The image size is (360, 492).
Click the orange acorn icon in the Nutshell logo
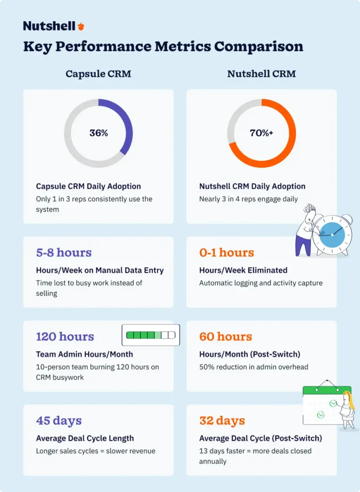[x=81, y=26]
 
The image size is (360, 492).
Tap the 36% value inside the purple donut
[x=99, y=133]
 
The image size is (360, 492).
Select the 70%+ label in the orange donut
[x=261, y=133]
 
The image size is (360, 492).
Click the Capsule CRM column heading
[x=98, y=74]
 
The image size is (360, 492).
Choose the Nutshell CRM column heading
[x=261, y=74]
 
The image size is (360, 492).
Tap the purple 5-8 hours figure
[x=64, y=253]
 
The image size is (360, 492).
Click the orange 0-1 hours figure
[x=227, y=253]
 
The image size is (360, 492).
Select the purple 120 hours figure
[x=65, y=336]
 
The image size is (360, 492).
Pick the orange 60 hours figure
[x=226, y=336]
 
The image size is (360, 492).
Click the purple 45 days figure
[x=59, y=420]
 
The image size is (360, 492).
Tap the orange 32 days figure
[x=222, y=420]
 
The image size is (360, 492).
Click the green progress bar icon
[x=150, y=335]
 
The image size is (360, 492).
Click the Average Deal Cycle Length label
[x=85, y=438]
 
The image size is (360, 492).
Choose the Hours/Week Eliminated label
[x=243, y=270]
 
